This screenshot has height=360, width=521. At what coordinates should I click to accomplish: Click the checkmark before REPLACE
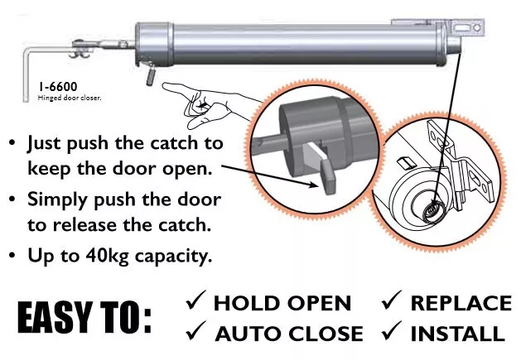click(393, 303)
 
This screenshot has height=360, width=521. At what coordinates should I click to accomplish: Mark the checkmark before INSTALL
click(393, 333)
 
